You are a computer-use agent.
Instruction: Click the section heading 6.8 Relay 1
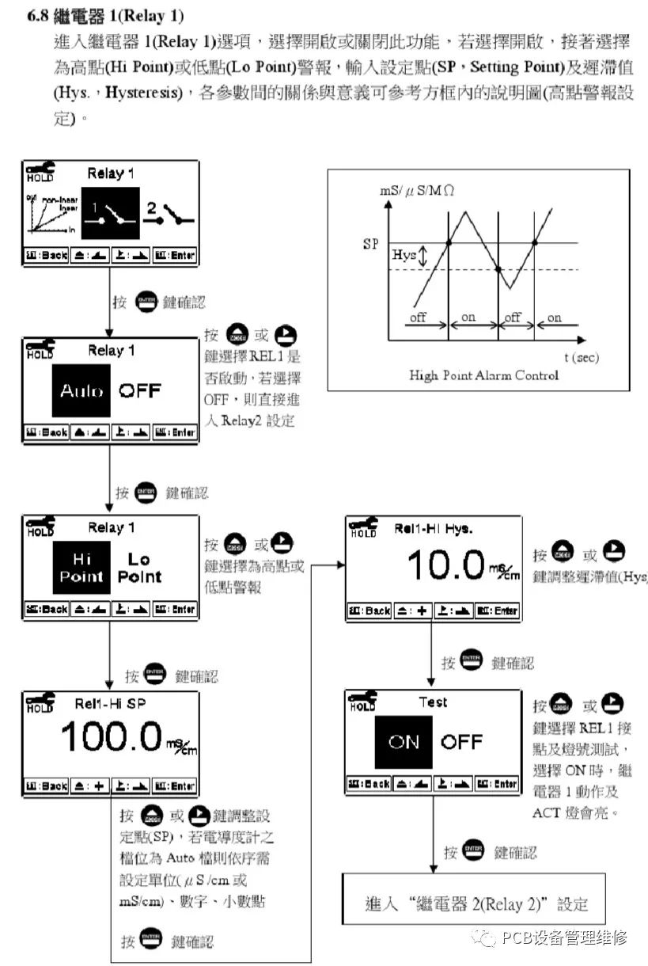tap(106, 16)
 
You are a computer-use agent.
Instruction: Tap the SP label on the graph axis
tap(370, 244)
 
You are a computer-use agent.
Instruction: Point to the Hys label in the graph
tap(404, 255)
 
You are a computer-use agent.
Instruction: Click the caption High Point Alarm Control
tap(483, 375)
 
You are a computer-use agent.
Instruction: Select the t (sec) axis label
tap(582, 357)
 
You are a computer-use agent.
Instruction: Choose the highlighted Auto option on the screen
tap(81, 390)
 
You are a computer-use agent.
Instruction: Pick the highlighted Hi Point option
tap(81, 568)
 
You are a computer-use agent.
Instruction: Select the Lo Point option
tap(139, 568)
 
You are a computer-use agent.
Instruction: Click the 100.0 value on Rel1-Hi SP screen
tap(111, 737)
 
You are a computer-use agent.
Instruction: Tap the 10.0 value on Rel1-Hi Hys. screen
tap(445, 566)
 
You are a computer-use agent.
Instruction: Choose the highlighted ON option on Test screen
tap(404, 742)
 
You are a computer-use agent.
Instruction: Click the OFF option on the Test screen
tap(461, 742)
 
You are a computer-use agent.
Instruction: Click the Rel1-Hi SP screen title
tap(110, 702)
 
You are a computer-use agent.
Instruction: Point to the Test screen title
tap(433, 702)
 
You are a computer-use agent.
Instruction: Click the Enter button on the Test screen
tap(497, 784)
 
